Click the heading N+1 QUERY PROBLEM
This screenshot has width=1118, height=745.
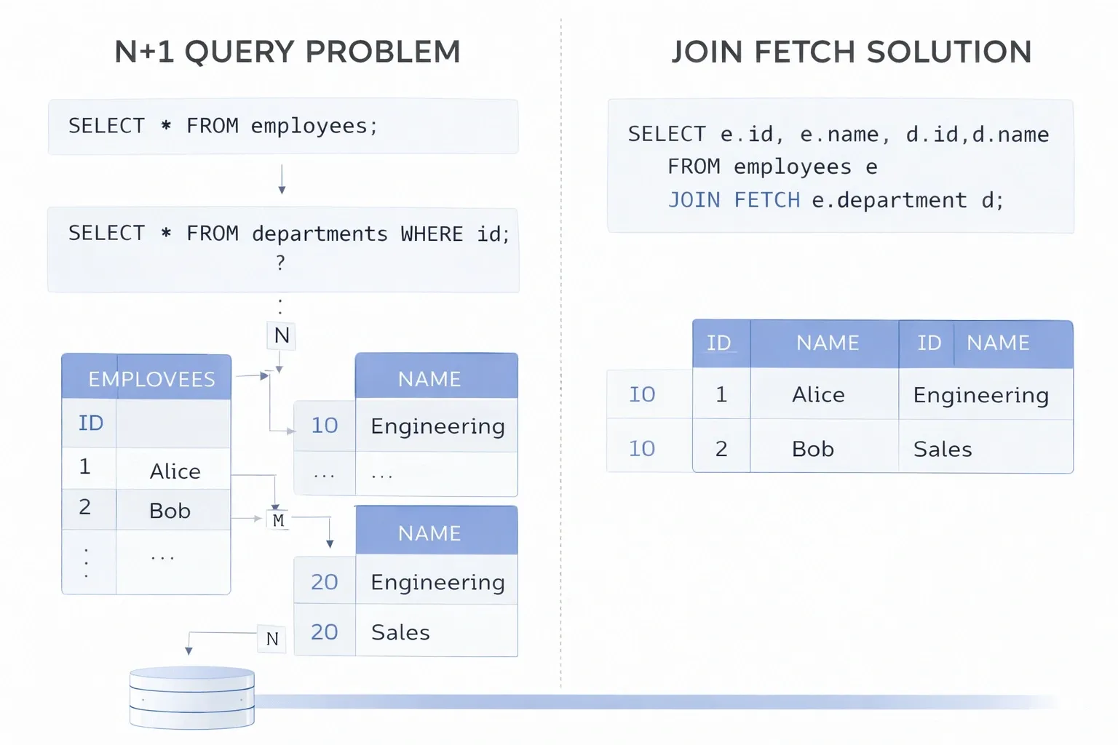tap(288, 52)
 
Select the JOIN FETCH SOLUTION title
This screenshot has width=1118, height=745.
tap(851, 52)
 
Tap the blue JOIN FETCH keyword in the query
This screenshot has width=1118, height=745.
tap(734, 200)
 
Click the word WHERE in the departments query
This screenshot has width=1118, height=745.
tap(432, 234)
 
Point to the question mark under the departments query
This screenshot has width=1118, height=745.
tap(281, 263)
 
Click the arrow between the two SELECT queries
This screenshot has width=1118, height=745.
tap(282, 180)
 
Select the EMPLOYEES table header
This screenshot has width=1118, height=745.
tap(151, 379)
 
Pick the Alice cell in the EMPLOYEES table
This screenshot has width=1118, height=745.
tap(175, 471)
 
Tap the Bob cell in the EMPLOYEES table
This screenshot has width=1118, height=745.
tap(170, 511)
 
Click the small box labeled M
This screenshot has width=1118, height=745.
tap(278, 520)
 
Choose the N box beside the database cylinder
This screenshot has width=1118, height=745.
tap(272, 639)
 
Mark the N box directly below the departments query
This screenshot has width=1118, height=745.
tap(282, 335)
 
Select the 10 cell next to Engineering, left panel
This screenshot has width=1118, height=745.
tap(325, 426)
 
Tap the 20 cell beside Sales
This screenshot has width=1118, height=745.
tap(325, 632)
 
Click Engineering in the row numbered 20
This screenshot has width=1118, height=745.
tap(437, 582)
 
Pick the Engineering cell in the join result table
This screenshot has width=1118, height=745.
tap(980, 395)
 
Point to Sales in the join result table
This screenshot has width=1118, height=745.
tap(943, 449)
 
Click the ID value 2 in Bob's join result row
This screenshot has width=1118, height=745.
tap(721, 449)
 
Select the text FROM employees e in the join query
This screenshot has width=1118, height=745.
tap(772, 167)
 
